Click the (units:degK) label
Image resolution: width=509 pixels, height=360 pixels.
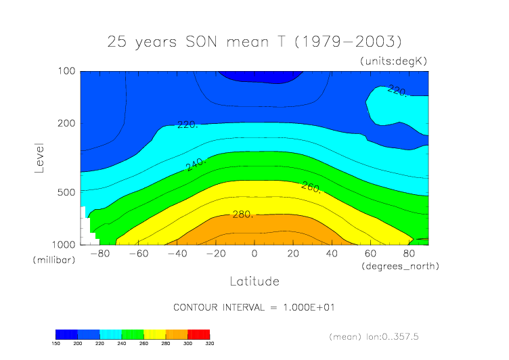[394, 61]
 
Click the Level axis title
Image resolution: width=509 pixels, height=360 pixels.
[39, 158]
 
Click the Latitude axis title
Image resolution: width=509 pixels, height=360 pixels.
[254, 281]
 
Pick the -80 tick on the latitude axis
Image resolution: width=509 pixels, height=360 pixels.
[99, 254]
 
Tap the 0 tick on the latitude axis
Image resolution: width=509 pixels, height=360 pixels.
[255, 254]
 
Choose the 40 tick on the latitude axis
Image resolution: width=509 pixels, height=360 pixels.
[332, 254]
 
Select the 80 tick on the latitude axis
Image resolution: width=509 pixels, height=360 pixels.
[410, 254]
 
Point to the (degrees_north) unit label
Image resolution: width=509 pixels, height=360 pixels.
[401, 266]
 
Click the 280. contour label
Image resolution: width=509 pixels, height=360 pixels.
[242, 215]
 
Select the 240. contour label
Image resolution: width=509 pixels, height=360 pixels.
[196, 163]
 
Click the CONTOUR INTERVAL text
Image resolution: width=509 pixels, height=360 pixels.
[254, 307]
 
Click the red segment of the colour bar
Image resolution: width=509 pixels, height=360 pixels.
[198, 334]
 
